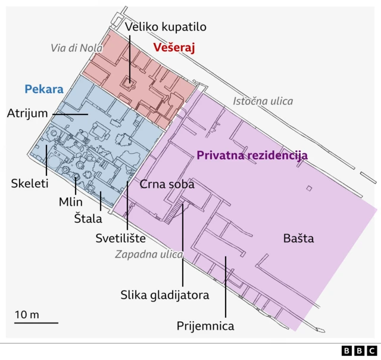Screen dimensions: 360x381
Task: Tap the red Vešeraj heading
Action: coord(174,47)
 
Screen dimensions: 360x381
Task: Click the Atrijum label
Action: coord(27,113)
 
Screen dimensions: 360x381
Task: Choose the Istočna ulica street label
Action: coord(263,101)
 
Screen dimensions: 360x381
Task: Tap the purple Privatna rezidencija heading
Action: coord(252,155)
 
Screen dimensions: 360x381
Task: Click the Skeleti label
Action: coord(29,184)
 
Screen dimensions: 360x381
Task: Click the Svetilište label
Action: coord(121,238)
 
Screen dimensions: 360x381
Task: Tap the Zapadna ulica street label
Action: coord(149,255)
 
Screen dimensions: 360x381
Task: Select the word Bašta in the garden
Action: coord(298,239)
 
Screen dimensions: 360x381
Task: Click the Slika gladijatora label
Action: coord(165,294)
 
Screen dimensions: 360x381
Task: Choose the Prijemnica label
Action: coord(205,325)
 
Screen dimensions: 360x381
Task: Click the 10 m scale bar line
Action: coord(36,322)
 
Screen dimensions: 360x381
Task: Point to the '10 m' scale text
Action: coord(27,314)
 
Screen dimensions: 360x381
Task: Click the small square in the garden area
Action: coord(308,189)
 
